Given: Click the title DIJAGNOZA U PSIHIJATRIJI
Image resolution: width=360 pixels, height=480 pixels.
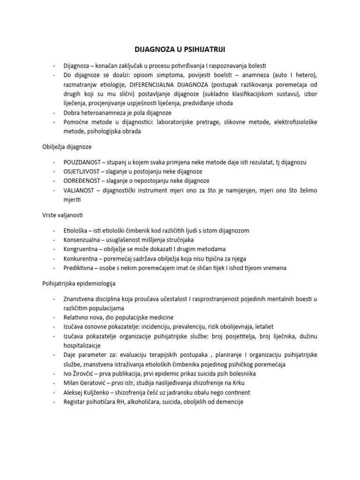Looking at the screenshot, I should click(x=180, y=49).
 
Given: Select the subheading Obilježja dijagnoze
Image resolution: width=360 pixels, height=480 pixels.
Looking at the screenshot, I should click(x=66, y=147).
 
